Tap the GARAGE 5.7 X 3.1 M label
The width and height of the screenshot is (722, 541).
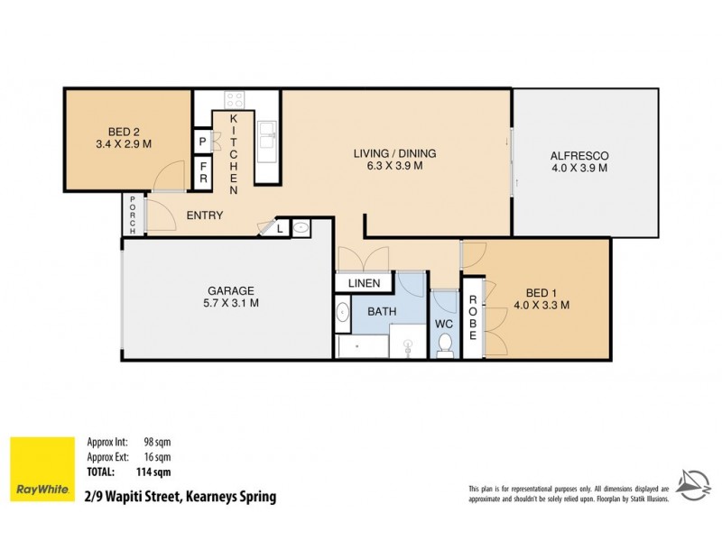pyautogui.click(x=229, y=297)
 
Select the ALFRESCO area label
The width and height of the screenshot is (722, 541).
pyautogui.click(x=579, y=160)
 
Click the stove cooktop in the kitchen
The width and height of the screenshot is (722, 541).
pyautogui.click(x=235, y=101)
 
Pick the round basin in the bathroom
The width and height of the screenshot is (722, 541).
pyautogui.click(x=344, y=314)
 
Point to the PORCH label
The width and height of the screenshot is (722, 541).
pyautogui.click(x=132, y=215)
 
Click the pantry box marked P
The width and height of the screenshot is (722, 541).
pyautogui.click(x=202, y=142)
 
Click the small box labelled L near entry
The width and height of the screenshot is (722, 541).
pyautogui.click(x=281, y=229)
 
